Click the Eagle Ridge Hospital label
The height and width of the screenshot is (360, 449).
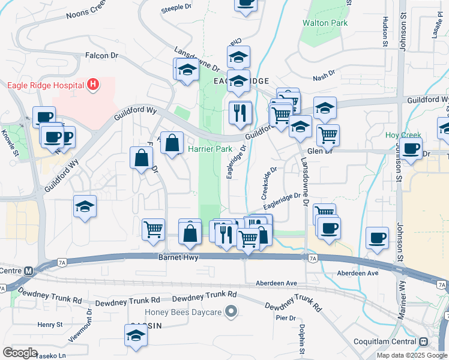coord(46,85)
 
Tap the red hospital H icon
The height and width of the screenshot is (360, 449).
coord(92,85)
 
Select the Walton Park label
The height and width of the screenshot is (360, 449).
coord(325,23)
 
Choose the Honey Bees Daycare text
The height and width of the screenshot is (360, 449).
coord(183,312)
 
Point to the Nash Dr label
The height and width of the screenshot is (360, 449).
coord(324,78)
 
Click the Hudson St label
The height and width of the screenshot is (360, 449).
coord(385,31)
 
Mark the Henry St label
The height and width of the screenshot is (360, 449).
coord(50,325)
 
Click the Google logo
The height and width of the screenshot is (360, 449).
coord(20,352)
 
